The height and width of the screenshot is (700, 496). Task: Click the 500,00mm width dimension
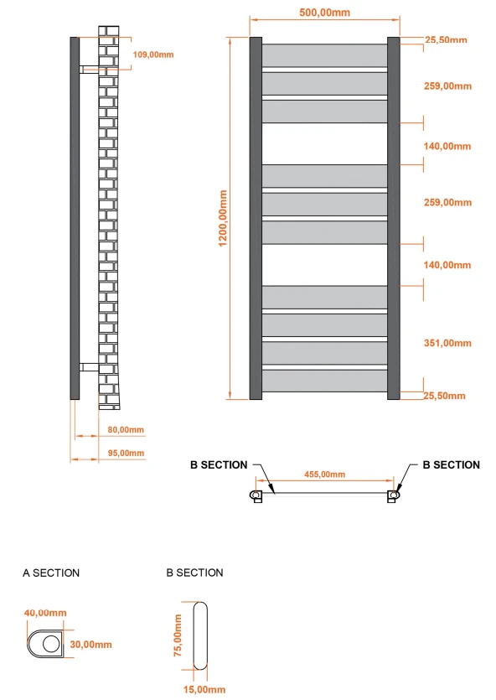pos(324,12)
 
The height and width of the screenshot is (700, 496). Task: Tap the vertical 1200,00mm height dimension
pos(223,217)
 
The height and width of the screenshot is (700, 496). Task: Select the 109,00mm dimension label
pos(153,54)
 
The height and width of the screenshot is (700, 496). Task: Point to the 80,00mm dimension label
pos(127,429)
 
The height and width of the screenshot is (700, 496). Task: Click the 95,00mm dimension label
pos(127,453)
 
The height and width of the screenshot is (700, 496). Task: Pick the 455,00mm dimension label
pos(324,474)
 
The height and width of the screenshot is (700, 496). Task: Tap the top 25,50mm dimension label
pos(445,39)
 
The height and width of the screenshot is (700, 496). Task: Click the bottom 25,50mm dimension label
pos(445,396)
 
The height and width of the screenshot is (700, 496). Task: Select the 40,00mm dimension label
pos(44,613)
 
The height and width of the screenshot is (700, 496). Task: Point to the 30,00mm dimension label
pos(90,644)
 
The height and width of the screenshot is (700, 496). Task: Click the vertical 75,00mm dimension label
pos(178,635)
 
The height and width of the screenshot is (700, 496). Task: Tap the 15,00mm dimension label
pos(204,689)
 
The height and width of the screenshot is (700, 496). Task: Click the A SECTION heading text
pos(51,573)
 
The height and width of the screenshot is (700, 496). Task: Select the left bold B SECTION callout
pos(219,464)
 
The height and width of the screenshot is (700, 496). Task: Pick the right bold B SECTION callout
pos(451,464)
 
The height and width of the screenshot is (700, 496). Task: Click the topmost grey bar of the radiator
pos(325,55)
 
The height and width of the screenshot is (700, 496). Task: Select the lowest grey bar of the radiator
pos(325,381)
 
